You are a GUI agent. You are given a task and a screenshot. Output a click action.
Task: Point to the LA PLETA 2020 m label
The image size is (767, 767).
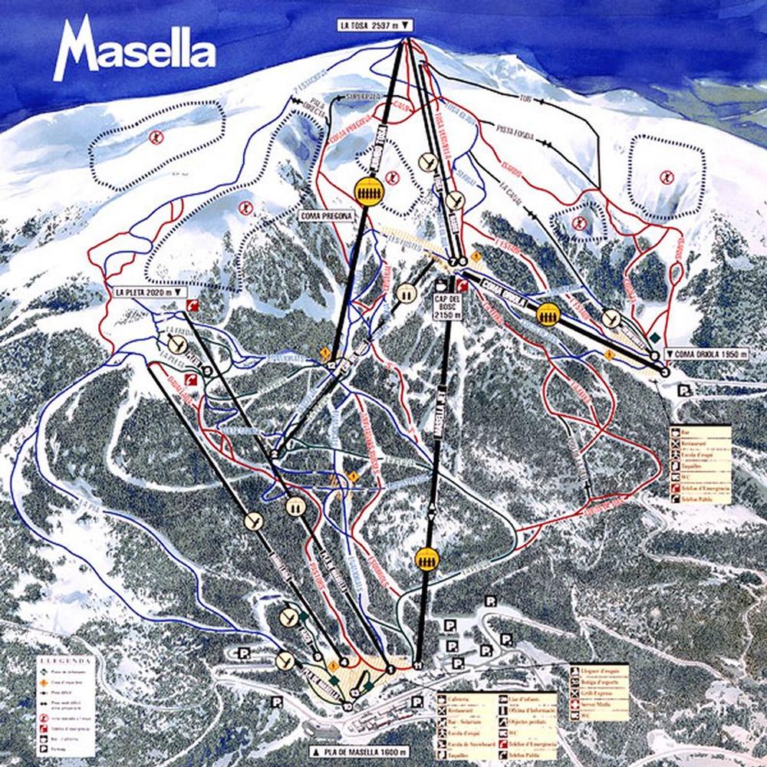149,292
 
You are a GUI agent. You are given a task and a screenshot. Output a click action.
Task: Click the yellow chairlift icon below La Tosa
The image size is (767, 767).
367,190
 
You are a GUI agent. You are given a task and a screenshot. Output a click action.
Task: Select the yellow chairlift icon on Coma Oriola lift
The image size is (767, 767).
547,313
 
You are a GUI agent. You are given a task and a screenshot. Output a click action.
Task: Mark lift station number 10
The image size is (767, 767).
349,706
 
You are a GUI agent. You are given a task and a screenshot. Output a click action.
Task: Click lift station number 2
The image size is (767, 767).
273,454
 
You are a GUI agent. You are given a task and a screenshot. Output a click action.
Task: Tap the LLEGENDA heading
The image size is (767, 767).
67,660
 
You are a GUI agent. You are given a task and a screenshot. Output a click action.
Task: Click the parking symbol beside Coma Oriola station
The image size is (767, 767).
682,390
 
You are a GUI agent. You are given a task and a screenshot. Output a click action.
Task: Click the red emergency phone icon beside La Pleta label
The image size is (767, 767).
191,305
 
